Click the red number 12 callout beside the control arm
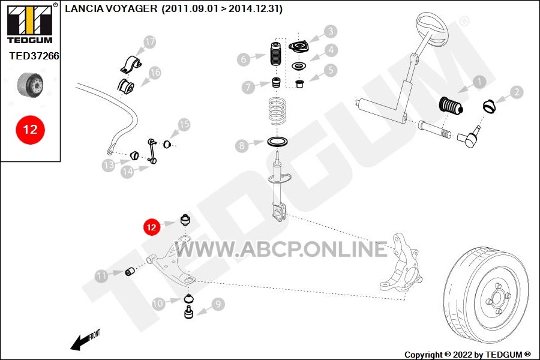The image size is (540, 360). click(x=152, y=227)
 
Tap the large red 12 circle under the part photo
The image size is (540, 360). click(x=30, y=130)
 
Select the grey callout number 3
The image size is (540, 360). click(x=330, y=31)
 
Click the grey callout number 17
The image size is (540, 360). click(x=150, y=43)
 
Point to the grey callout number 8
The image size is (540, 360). click(x=242, y=146)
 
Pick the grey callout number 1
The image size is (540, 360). click(x=479, y=82)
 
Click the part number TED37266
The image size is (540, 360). click(x=34, y=56)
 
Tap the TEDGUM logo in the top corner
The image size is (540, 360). click(x=30, y=24)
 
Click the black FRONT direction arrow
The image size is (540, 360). click(x=79, y=342)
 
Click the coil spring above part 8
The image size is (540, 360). click(x=277, y=111)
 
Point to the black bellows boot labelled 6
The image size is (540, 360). click(x=275, y=54)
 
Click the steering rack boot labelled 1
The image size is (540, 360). click(x=451, y=106)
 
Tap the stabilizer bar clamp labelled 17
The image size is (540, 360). click(x=131, y=64)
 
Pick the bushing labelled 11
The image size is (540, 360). click(x=130, y=271)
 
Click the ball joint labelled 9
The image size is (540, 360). click(x=188, y=312)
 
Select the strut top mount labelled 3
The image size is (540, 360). click(x=298, y=47)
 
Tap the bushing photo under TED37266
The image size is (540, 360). click(x=31, y=85)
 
